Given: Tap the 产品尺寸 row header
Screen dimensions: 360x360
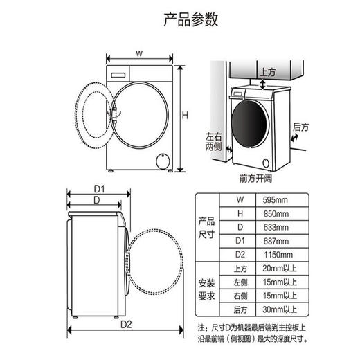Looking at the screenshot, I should point(207,227).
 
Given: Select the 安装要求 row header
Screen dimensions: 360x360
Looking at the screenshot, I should point(207,289).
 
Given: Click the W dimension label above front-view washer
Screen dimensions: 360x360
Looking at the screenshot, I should point(138,53).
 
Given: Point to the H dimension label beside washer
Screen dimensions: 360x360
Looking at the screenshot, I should point(185,115).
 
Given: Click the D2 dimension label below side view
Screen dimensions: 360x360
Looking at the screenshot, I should point(126,324).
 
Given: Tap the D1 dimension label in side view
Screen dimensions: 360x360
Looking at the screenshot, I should point(99,189).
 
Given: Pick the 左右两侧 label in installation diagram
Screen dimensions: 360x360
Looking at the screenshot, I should point(213,141).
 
